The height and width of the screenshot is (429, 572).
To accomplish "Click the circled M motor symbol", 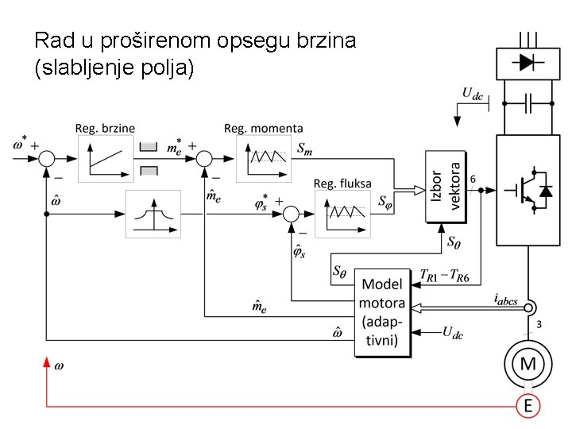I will click(528, 364).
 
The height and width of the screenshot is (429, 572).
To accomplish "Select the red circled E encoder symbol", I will click(528, 405).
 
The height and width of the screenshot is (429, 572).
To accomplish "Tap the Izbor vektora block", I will click(446, 186).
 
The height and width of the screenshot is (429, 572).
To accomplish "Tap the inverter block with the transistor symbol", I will click(528, 190).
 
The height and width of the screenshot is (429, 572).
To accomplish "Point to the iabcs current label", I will click(505, 299).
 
